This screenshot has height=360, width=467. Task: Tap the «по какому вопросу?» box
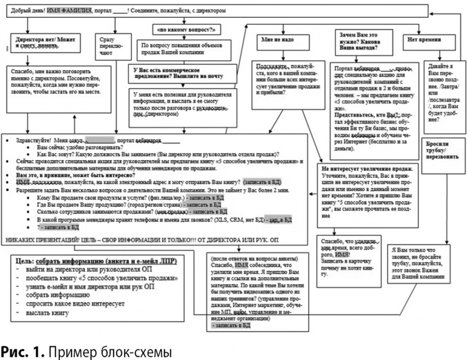pyautogui.click(x=178, y=28)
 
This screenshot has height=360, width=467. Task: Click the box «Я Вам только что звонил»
pyautogui.click(x=421, y=261)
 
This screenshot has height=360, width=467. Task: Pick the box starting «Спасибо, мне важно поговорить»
pyautogui.click(x=53, y=87)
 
